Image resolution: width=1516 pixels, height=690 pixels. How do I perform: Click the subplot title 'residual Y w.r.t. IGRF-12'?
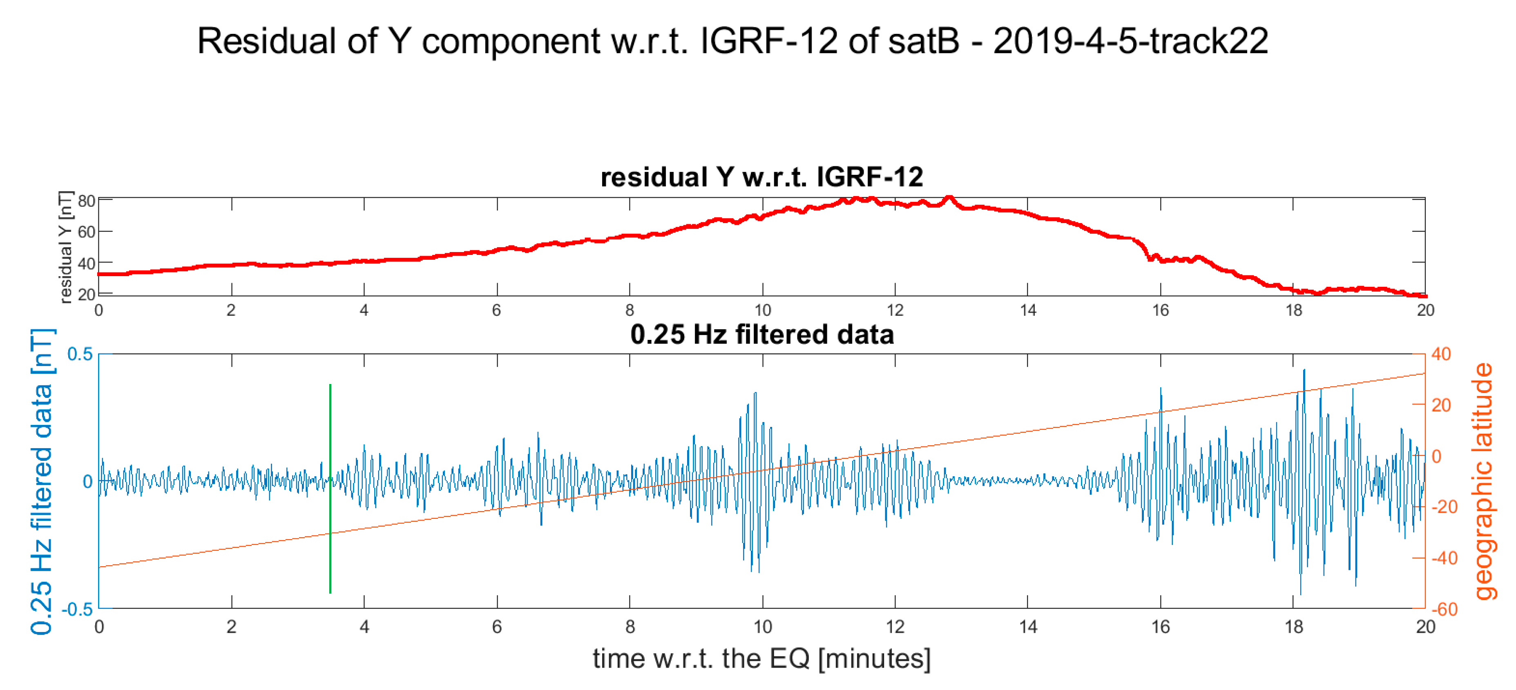pos(761,177)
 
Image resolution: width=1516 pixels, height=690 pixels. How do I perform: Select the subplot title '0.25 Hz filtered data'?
pos(761,335)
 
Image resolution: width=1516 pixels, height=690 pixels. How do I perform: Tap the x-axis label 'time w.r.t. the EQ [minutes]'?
pos(761,658)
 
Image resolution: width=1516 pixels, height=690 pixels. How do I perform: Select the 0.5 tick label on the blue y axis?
pos(80,354)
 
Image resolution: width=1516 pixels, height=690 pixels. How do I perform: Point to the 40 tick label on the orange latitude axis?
pos(1441,354)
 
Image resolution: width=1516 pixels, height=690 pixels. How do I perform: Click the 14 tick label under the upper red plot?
pos(1027,310)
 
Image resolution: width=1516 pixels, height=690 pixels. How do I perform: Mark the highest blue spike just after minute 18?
pos(1304,371)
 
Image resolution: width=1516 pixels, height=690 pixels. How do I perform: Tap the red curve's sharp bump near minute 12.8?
pos(949,199)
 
